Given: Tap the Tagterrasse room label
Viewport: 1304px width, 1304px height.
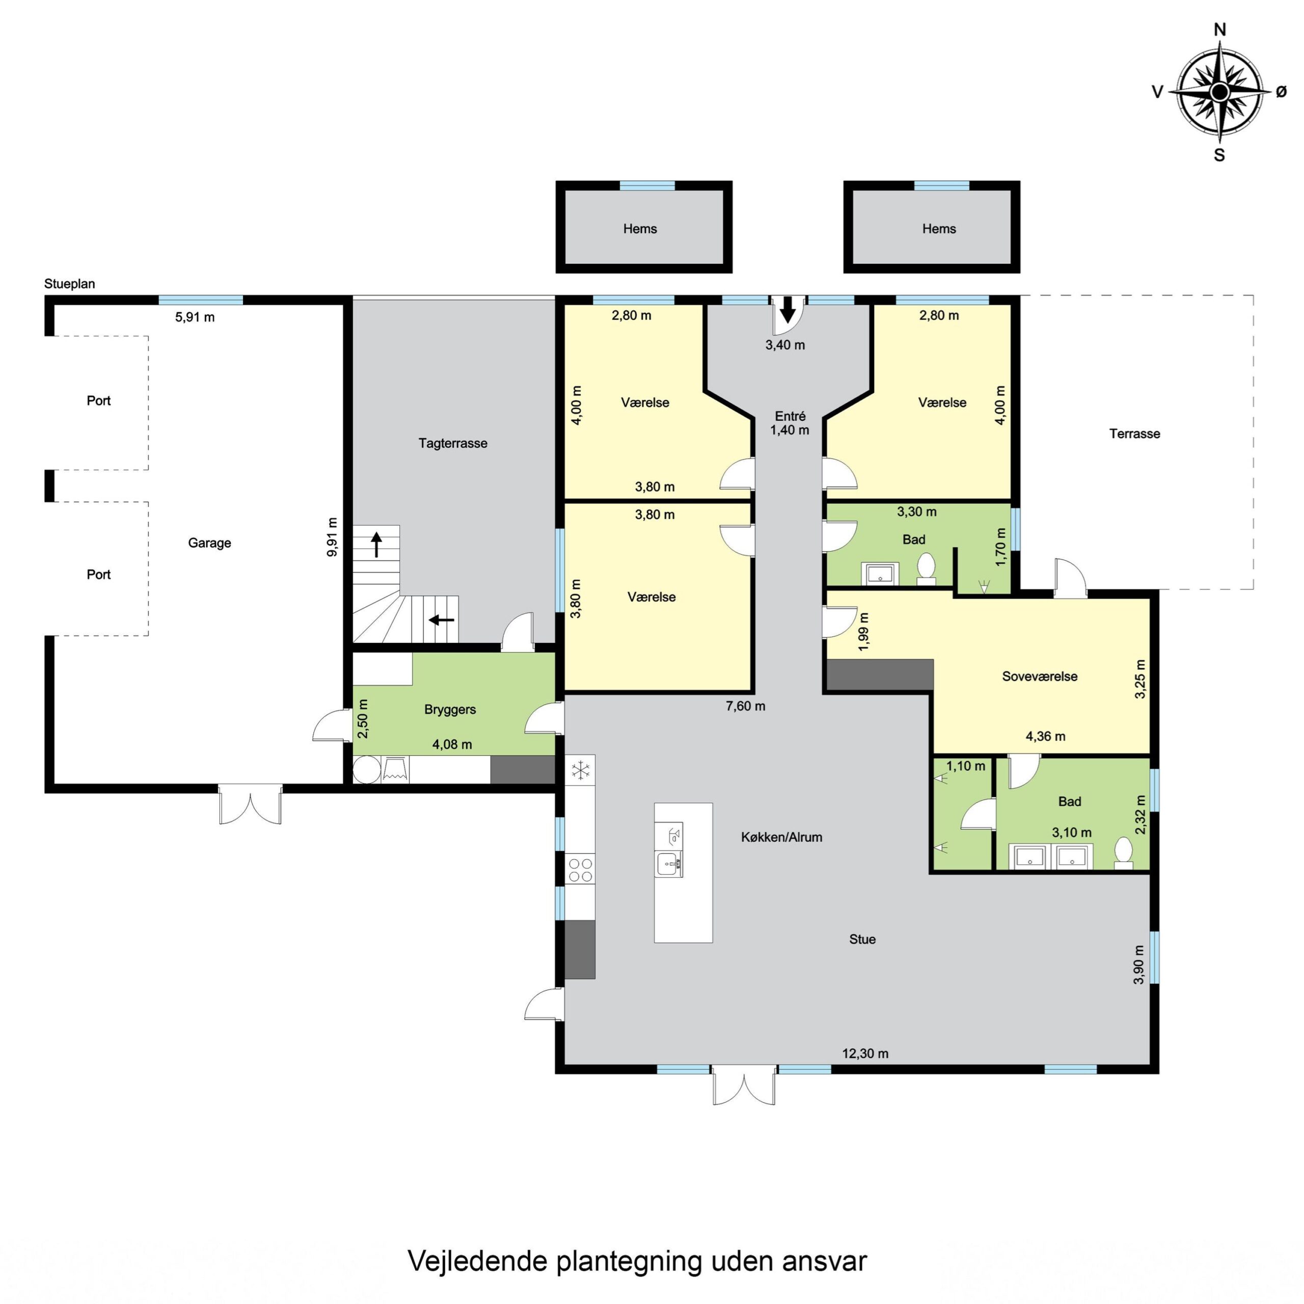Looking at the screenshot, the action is click(x=452, y=444).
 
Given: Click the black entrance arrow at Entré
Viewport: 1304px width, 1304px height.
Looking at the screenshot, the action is click(x=787, y=311).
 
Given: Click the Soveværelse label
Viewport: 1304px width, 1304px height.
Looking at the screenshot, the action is click(x=1040, y=676).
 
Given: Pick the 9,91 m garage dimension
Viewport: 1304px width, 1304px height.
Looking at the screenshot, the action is click(x=332, y=537).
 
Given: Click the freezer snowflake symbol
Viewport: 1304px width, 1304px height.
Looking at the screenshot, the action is click(x=581, y=770).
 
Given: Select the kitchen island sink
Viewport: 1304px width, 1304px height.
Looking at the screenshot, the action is click(x=668, y=864).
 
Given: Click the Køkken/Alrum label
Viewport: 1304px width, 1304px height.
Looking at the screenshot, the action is click(x=781, y=837).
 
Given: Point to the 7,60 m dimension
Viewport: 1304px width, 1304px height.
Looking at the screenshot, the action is click(x=745, y=706).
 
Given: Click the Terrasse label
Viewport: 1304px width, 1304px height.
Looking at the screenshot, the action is click(x=1134, y=433).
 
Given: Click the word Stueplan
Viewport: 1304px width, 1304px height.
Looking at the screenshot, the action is click(x=69, y=284).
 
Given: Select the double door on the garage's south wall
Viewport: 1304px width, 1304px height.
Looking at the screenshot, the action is click(x=250, y=804).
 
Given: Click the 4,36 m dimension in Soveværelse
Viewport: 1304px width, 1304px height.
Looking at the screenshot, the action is click(x=1046, y=737).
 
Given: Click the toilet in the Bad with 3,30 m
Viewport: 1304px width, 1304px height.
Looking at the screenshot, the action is click(x=926, y=568).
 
